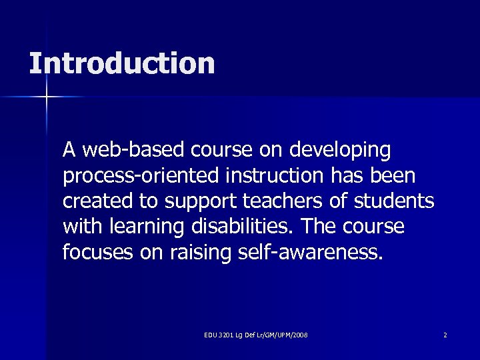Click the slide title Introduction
[x=122, y=63]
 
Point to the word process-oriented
[x=142, y=177]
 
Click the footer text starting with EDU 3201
[x=255, y=334]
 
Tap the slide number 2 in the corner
[x=445, y=334]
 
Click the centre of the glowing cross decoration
[x=47, y=97]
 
